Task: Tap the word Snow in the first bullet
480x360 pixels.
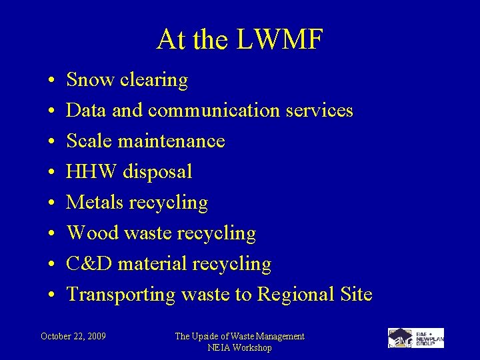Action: pos(91,80)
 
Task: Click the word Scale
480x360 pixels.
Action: pos(90,141)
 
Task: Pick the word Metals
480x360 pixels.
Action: pos(97,202)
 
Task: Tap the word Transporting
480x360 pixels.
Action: pos(121,294)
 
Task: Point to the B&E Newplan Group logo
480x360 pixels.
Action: pos(415,338)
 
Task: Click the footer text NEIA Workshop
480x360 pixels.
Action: pos(239,348)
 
